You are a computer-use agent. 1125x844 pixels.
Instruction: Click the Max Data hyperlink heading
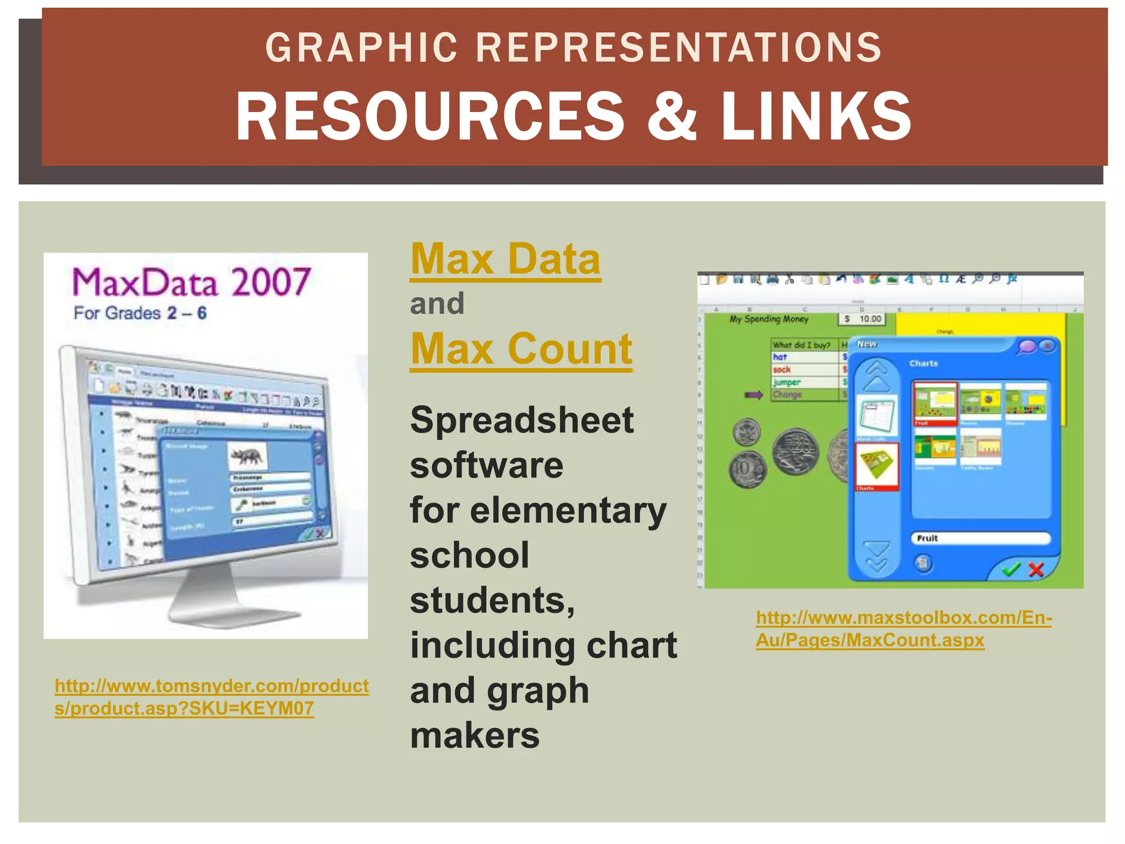[x=505, y=259]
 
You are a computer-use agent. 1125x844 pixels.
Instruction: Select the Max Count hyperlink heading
[x=521, y=349]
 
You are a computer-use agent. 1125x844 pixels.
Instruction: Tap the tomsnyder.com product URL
[x=211, y=697]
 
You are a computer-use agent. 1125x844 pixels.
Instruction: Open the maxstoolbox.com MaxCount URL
[x=903, y=629]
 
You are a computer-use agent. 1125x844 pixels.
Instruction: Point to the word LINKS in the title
[x=816, y=116]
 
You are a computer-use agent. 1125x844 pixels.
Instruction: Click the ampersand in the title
[x=671, y=116]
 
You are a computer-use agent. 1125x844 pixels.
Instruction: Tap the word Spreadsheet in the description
[x=522, y=421]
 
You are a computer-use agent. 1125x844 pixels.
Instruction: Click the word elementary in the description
[x=568, y=510]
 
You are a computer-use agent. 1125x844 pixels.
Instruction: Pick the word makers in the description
[x=475, y=735]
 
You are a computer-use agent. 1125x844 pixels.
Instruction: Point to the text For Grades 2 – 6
[x=140, y=313]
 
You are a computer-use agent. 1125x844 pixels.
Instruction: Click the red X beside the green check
[x=1036, y=569]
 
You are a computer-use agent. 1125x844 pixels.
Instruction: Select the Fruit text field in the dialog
[x=981, y=538]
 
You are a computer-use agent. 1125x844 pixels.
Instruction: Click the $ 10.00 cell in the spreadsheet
[x=863, y=319]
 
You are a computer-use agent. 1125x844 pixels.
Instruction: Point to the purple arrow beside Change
[x=754, y=395]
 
